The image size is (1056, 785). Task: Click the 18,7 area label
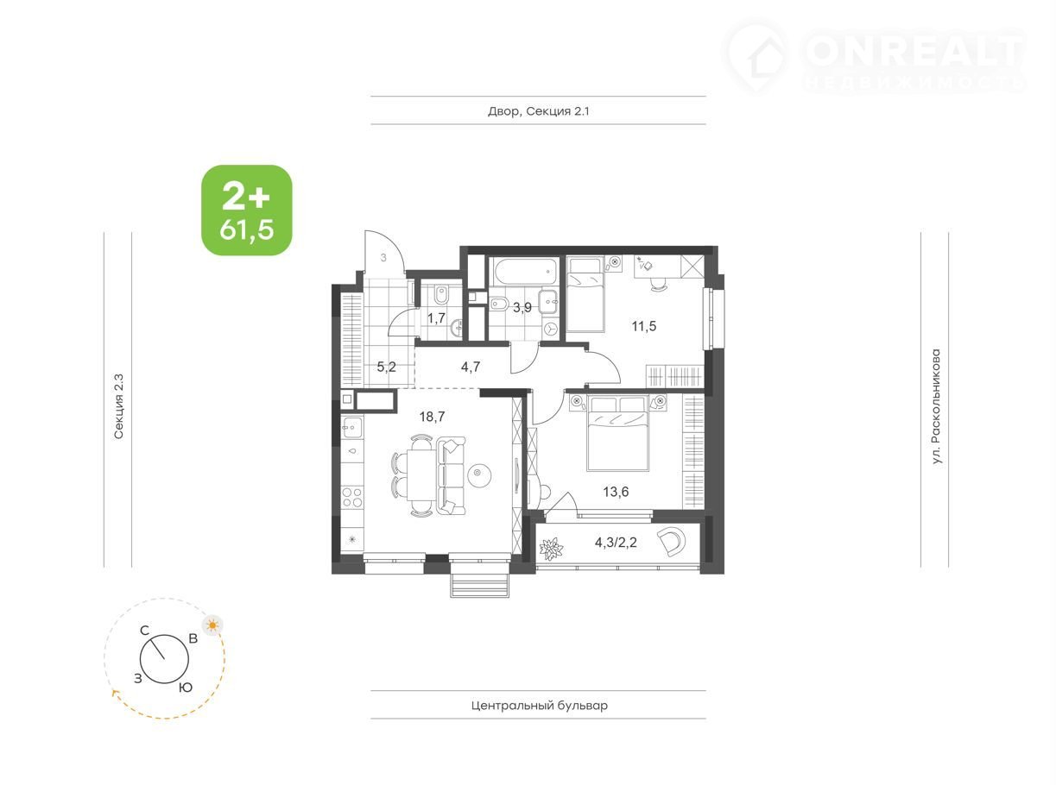pyautogui.click(x=432, y=418)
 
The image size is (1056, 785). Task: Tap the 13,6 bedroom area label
pyautogui.click(x=616, y=492)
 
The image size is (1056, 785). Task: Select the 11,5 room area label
pyautogui.click(x=643, y=326)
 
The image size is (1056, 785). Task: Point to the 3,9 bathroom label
pyautogui.click(x=522, y=308)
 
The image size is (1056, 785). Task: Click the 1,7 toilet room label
pyautogui.click(x=436, y=318)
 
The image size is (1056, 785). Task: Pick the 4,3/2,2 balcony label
pyautogui.click(x=616, y=543)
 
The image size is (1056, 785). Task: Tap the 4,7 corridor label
pyautogui.click(x=471, y=367)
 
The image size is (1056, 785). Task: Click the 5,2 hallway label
pyautogui.click(x=386, y=367)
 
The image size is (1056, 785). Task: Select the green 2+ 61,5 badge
pyautogui.click(x=247, y=210)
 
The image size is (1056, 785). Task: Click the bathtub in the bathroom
pyautogui.click(x=526, y=271)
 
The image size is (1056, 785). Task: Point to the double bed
pyautogui.click(x=618, y=433)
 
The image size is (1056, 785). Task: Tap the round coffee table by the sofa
pyautogui.click(x=479, y=474)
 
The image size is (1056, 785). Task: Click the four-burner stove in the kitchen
pyautogui.click(x=353, y=497)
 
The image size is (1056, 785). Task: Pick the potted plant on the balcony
pyautogui.click(x=551, y=549)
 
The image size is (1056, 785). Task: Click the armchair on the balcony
pyautogui.click(x=671, y=542)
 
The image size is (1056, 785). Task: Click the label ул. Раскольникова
pyautogui.click(x=937, y=407)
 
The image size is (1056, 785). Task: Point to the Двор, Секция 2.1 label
pyautogui.click(x=539, y=111)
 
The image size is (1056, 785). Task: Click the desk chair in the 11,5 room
pyautogui.click(x=659, y=284)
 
